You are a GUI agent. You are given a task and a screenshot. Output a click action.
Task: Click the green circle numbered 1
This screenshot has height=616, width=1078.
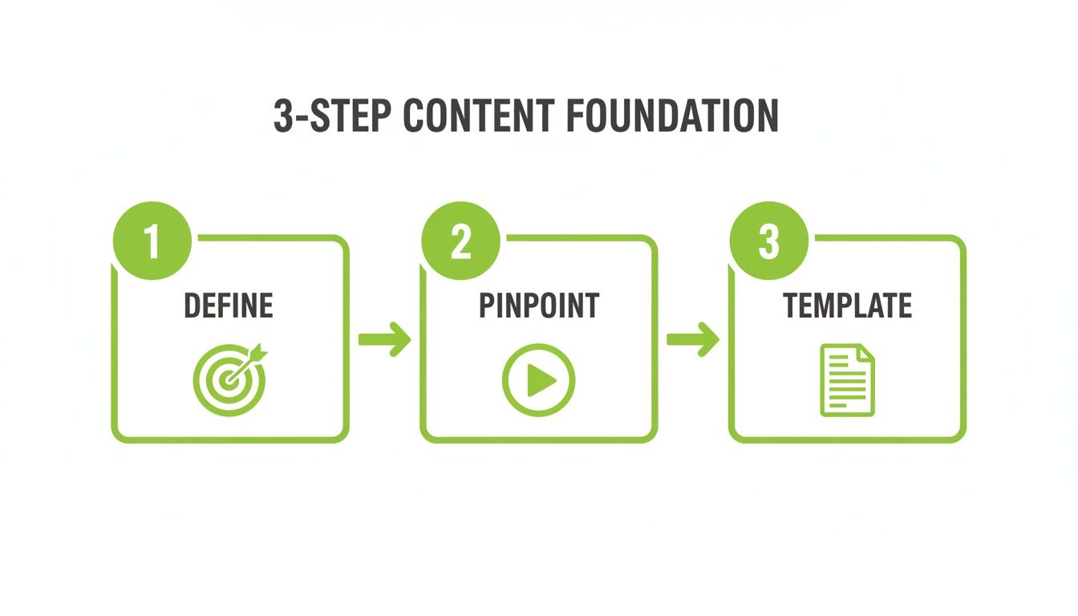point(152,241)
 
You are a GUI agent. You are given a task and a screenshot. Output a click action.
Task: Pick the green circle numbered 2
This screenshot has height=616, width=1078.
point(460,241)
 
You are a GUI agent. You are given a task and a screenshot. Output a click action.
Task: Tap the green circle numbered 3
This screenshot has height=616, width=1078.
point(768,241)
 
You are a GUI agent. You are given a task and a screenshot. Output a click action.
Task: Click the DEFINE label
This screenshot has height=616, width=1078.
point(229,306)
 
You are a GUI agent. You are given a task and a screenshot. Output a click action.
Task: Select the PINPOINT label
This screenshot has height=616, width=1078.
point(538,306)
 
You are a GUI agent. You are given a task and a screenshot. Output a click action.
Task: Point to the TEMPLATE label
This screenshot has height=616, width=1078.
point(847,306)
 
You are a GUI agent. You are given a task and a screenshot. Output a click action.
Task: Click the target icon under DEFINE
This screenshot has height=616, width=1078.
point(229,379)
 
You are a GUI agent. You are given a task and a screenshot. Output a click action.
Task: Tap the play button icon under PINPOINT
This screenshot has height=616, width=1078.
point(538,379)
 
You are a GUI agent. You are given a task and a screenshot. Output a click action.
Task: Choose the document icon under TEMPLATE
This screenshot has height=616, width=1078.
point(847,379)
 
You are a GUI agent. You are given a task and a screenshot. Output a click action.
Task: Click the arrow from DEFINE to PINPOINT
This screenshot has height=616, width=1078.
point(384,339)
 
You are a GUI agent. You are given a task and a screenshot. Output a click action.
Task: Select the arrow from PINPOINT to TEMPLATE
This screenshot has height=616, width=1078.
point(693,339)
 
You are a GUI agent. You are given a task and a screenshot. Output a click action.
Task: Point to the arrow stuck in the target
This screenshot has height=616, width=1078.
point(253,357)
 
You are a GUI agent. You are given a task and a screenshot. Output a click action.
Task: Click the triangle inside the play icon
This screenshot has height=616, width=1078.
point(541,379)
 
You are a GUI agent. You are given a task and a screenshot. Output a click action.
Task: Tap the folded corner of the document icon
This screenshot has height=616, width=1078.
point(865,354)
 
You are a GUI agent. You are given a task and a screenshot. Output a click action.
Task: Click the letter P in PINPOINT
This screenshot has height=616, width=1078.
point(487,306)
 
